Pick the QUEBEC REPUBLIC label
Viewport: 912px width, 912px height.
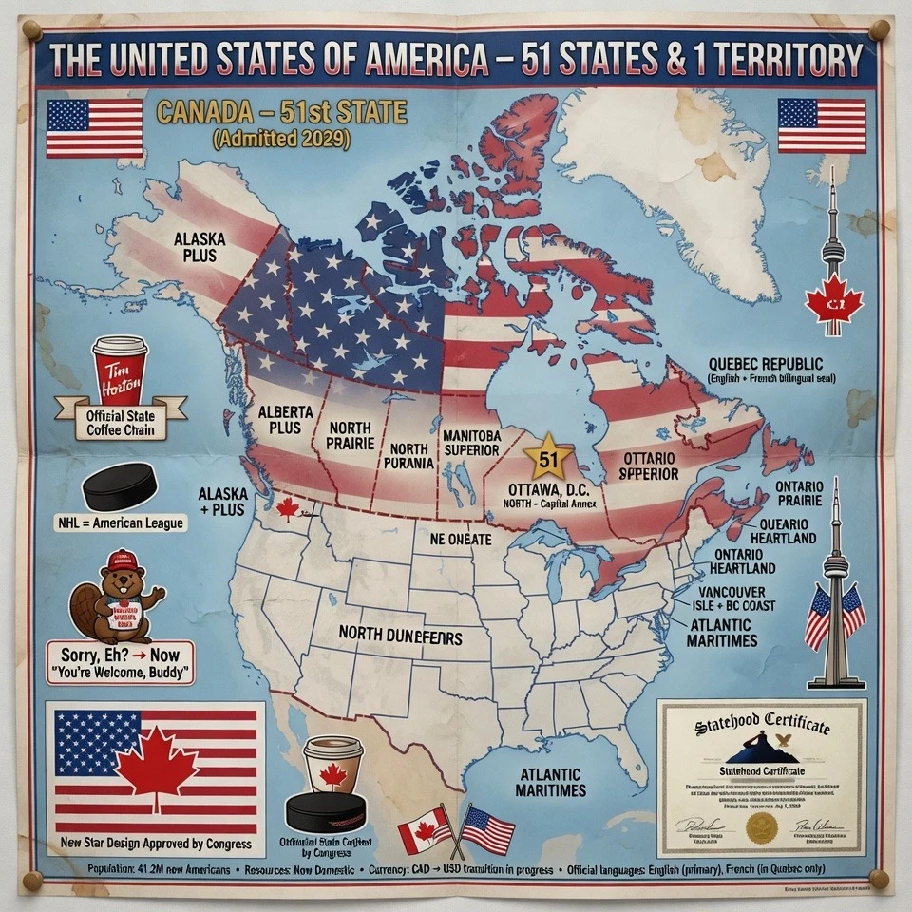[x=766, y=365]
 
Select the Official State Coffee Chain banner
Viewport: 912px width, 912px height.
[x=121, y=422]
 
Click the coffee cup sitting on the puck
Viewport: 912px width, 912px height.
[x=332, y=766]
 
